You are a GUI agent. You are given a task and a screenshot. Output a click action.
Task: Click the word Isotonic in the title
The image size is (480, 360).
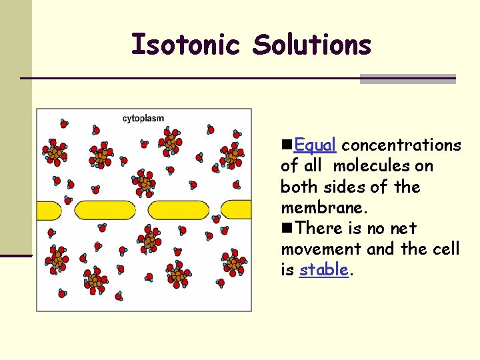coord(186,45)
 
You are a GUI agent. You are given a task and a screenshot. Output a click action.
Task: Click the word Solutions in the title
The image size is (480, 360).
coord(311,45)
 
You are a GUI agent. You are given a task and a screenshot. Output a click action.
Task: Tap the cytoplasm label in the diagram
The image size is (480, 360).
coord(143,119)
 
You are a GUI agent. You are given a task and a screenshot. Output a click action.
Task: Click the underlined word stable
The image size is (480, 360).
coord(324,269)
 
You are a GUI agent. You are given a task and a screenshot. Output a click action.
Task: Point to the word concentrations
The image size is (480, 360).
coord(401,145)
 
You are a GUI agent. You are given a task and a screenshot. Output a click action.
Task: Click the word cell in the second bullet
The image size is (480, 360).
coord(446,249)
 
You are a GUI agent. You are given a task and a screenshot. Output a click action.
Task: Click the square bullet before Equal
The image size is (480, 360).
coord(287,145)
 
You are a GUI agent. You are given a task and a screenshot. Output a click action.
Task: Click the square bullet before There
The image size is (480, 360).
coord(287,228)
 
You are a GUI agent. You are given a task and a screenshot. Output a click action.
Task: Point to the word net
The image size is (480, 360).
coord(403,228)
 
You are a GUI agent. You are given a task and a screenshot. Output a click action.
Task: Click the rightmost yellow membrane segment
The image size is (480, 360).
coord(237,209)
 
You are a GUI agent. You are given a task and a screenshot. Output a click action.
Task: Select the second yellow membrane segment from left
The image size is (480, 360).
coord(105,210)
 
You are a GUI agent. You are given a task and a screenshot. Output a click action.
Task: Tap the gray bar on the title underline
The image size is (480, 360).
coord(407,79)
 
